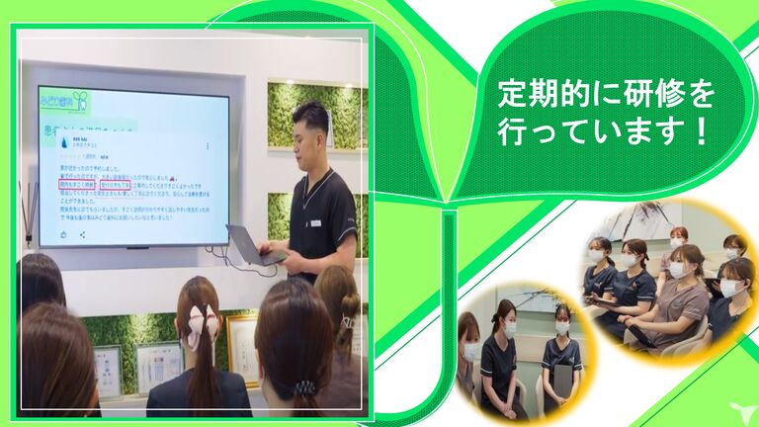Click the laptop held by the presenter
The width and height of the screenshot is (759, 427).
click(249, 244)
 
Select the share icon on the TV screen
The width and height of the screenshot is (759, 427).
click(83, 235)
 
